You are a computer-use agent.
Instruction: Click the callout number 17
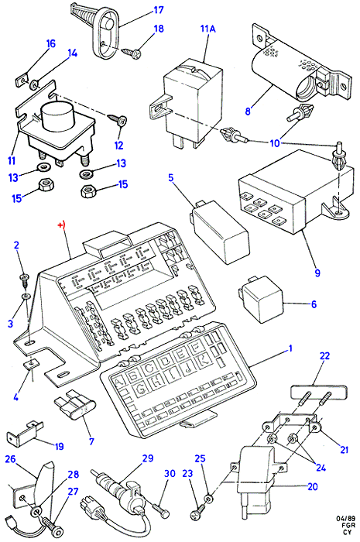tap(159, 10)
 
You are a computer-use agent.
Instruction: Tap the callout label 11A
tap(208, 29)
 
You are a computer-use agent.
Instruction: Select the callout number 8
tap(248, 111)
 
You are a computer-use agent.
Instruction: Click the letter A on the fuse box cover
tap(118, 382)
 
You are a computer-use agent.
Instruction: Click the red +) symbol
tap(61, 225)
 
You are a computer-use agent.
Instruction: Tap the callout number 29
tap(148, 458)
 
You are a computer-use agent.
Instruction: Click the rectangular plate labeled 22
tap(318, 392)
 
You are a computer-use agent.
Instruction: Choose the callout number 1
tap(290, 348)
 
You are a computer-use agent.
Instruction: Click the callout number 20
tap(312, 486)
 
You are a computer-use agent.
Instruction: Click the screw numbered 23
tap(197, 514)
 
